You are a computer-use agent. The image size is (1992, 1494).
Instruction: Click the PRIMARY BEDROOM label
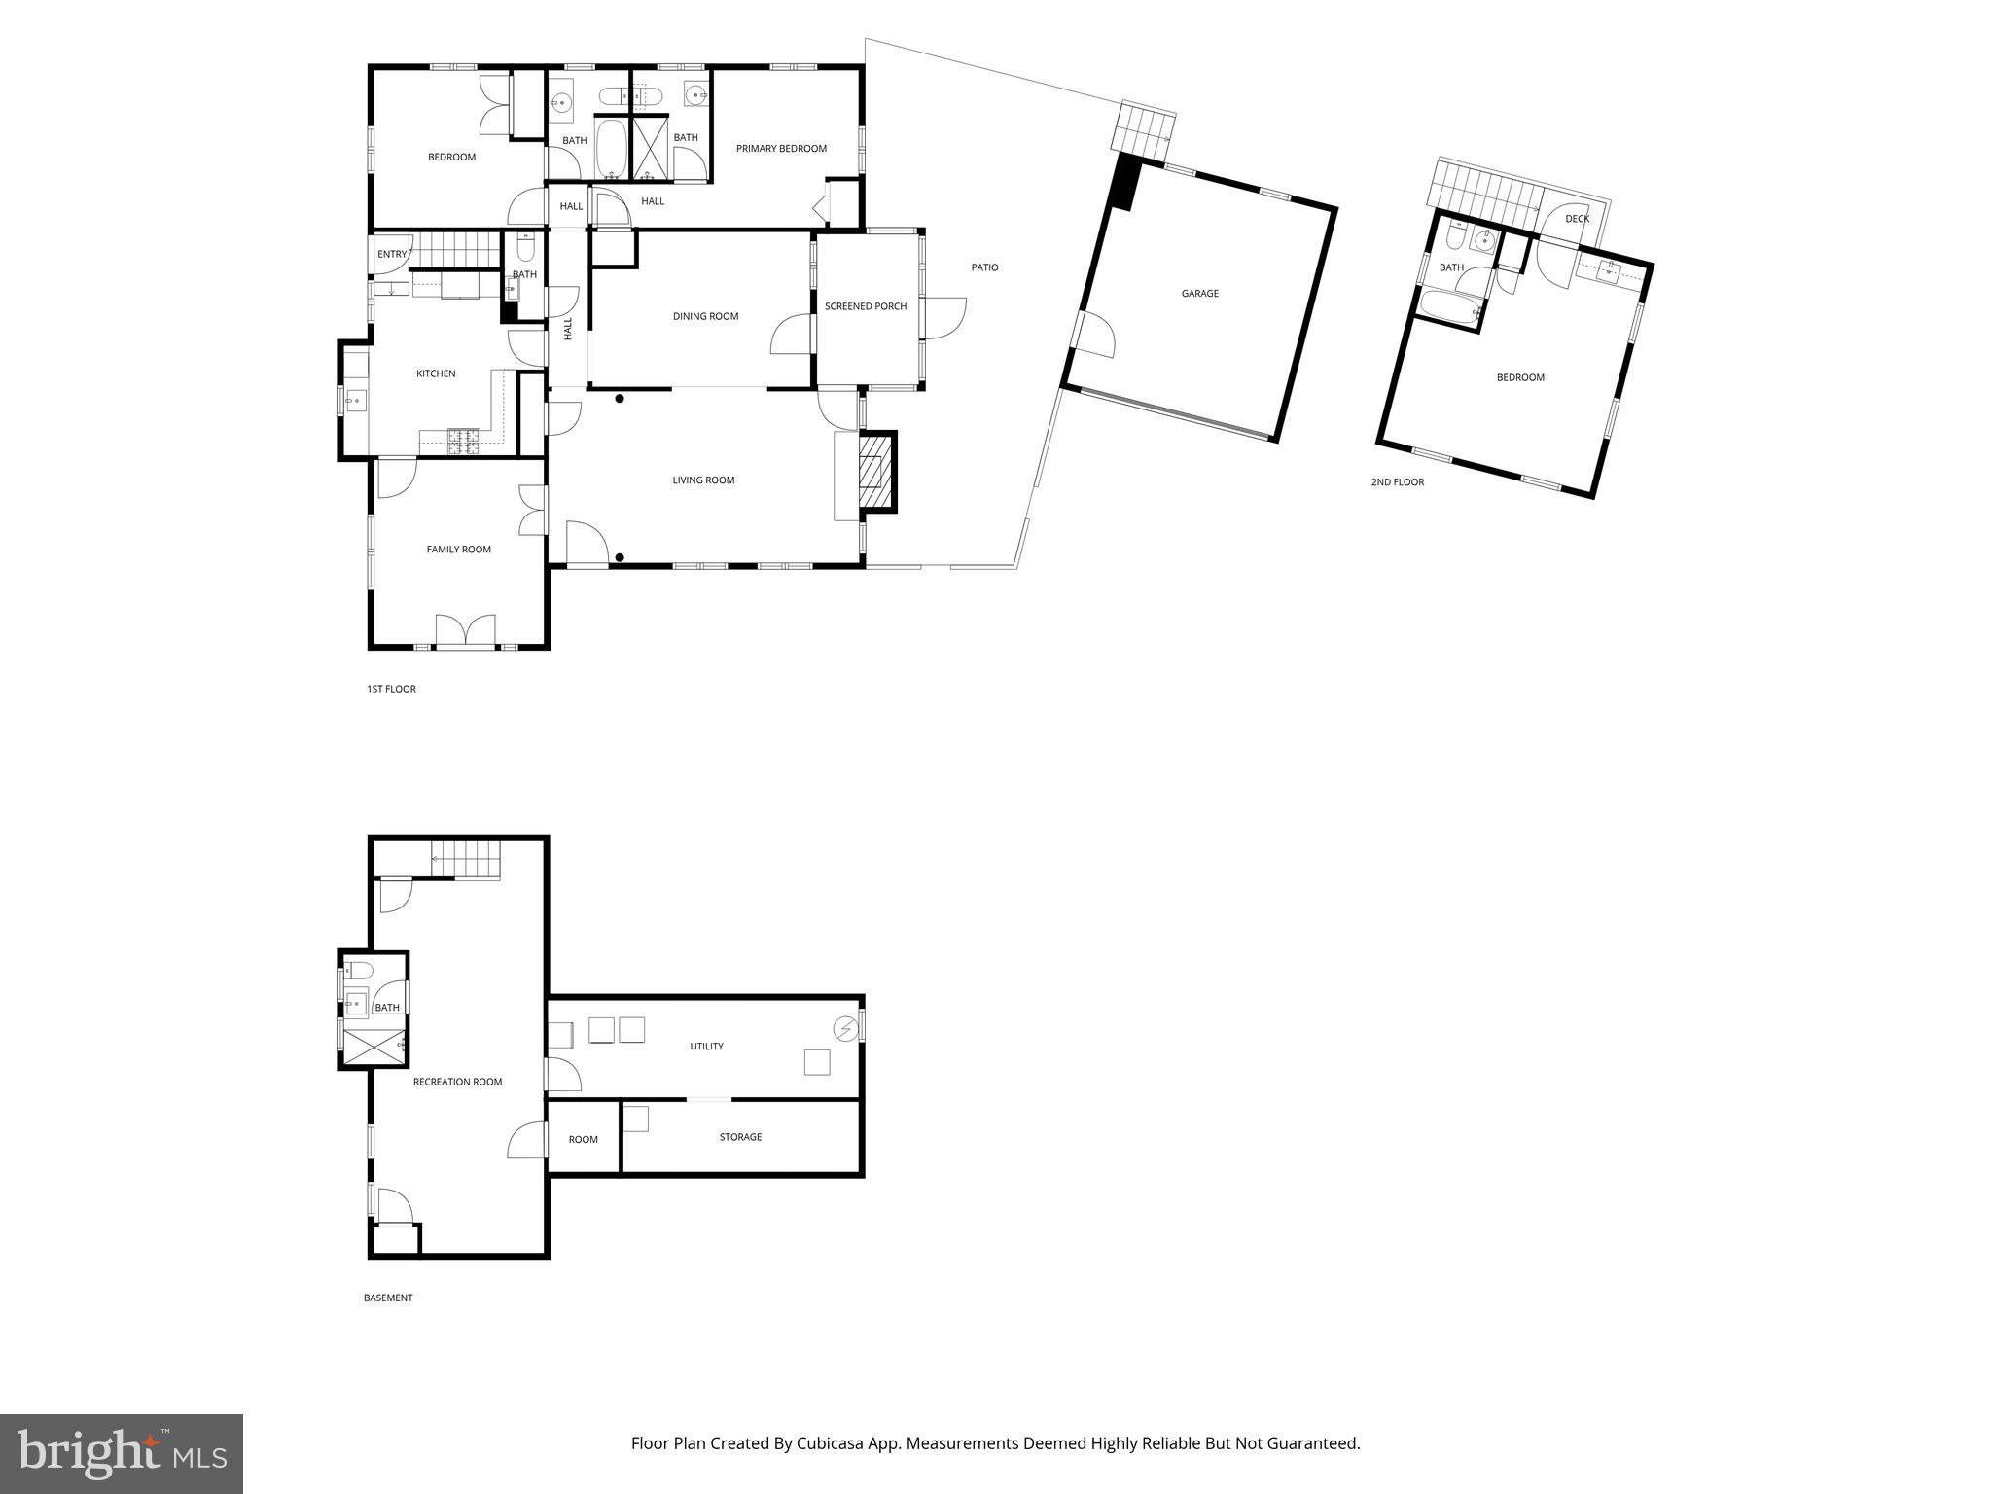coord(781,149)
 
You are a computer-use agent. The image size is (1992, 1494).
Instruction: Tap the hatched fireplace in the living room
coord(874,472)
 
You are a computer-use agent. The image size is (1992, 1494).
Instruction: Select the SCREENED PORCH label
coord(866,306)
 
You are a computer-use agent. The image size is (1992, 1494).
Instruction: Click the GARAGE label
coord(1199,294)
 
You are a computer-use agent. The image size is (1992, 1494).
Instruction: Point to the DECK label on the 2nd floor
coord(1577,219)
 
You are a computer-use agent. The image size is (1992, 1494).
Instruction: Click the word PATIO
coord(984,267)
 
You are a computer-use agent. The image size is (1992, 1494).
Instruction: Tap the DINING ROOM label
coord(705,316)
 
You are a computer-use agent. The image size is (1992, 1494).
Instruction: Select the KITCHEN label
coord(436,373)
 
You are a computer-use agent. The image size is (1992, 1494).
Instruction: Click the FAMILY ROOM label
coord(458,550)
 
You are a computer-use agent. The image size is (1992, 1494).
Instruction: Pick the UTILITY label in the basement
coord(706,1047)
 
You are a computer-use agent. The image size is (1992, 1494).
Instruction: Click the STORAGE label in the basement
coord(740,1137)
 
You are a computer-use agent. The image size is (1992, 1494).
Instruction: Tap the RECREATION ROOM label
coord(457,1082)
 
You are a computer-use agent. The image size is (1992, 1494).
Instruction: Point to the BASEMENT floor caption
coord(388,1298)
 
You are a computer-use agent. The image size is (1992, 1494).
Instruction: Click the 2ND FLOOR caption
coord(1397,482)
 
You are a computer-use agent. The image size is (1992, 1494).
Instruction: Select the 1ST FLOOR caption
coord(391,689)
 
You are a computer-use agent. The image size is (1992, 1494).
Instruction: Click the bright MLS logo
coord(122,1453)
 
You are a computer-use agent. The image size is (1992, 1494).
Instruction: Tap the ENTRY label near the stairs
coord(392,255)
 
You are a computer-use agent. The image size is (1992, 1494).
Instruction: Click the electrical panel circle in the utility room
coord(844,1028)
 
